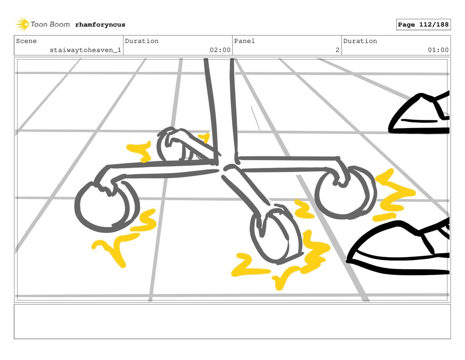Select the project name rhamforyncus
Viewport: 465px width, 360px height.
coord(100,25)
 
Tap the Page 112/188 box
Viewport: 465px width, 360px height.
coord(423,25)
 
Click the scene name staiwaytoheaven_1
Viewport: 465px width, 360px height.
coord(85,50)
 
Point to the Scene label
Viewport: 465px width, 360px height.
coord(26,41)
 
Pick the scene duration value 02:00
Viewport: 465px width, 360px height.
coord(220,50)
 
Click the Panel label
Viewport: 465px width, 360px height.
coord(244,41)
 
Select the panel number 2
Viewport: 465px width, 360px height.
coord(337,50)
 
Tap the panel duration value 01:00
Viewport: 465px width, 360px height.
coord(438,50)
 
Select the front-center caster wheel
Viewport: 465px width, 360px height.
coord(275,235)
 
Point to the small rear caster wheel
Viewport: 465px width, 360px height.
coord(173,146)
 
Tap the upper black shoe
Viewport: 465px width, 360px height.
coord(420,114)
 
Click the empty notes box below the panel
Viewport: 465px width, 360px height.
coord(232,321)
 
